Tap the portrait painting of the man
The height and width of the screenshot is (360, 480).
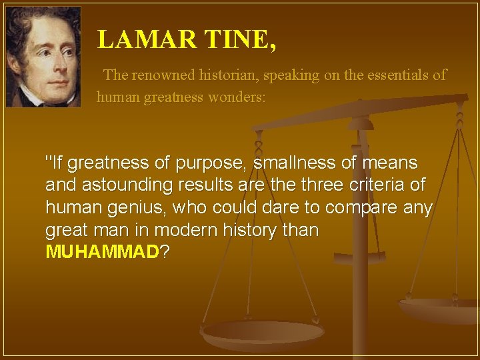[43, 57]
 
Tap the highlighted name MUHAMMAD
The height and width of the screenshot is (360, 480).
[103, 252]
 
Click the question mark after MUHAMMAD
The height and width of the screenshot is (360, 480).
[165, 252]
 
